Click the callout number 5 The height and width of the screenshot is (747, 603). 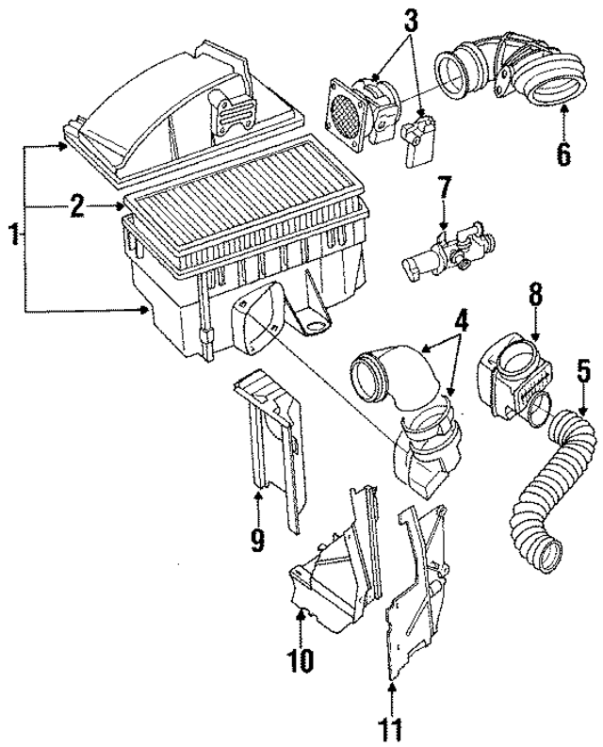(x=582, y=372)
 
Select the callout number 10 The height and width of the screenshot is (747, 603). (x=299, y=662)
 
